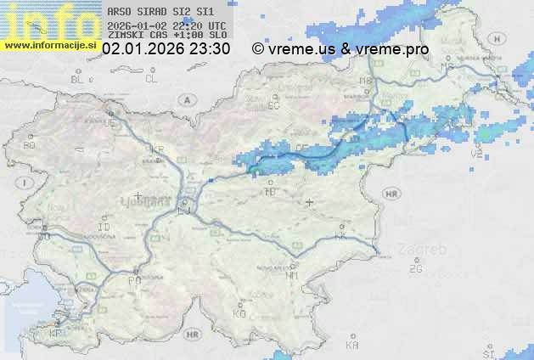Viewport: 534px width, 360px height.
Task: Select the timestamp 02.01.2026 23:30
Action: point(166,49)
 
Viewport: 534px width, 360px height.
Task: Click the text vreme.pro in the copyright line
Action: point(395,49)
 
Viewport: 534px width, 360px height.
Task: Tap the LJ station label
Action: point(185,211)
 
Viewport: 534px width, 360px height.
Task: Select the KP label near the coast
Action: point(56,334)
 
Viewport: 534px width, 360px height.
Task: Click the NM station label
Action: point(292,275)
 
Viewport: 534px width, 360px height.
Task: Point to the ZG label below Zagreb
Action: point(415,269)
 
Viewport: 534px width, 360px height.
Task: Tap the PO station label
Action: point(134,280)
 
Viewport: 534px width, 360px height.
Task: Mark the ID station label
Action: point(104,228)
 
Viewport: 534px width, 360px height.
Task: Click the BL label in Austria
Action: point(79,79)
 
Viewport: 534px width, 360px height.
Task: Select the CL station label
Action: point(151,79)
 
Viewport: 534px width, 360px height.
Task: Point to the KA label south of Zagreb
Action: point(352,345)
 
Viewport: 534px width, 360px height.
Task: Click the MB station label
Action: point(365,82)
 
